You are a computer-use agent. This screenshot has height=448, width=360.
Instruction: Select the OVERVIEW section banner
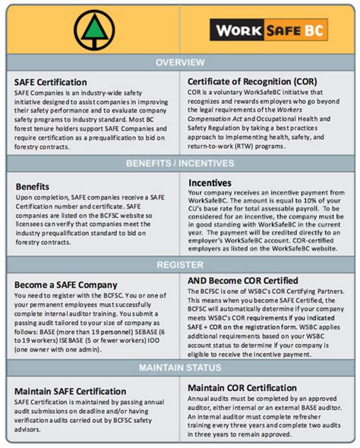click(180, 63)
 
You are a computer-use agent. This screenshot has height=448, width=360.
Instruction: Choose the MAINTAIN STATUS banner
click(180, 368)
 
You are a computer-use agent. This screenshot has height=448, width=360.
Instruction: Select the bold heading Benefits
click(33, 185)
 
